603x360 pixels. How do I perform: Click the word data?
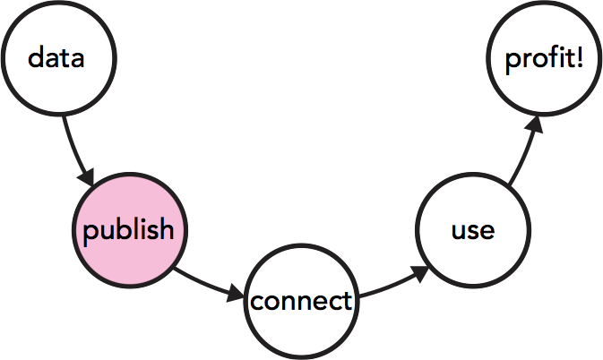(56, 59)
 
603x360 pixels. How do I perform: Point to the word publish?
(128, 230)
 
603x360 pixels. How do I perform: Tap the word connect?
(301, 302)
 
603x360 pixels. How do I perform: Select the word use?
(472, 230)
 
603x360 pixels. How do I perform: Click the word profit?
(538, 60)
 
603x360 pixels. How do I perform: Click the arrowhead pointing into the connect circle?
(237, 293)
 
